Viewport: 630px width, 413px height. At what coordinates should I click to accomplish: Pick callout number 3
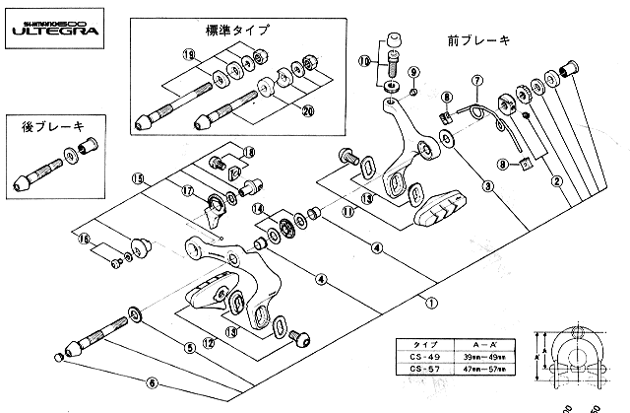tap(487, 184)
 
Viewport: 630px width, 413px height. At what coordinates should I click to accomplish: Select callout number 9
tap(413, 72)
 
